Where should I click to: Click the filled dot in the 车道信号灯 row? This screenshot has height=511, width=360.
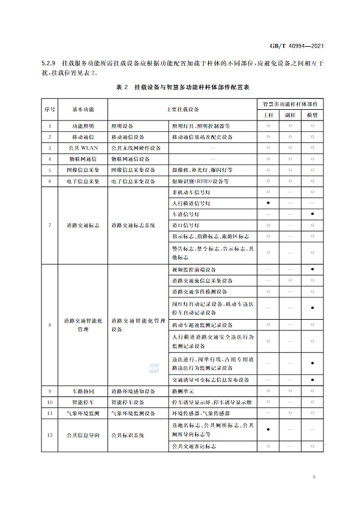point(312,214)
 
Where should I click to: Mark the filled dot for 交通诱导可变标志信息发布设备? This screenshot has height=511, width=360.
point(312,380)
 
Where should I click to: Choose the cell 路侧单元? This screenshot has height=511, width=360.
point(182,391)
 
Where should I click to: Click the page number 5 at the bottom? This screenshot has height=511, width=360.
point(314,477)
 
